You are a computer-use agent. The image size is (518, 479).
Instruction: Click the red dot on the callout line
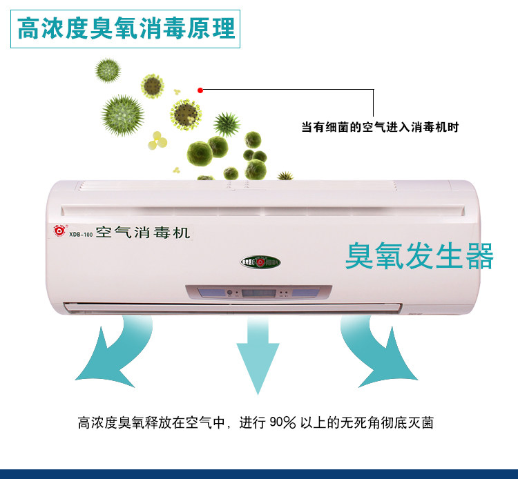tap(200, 90)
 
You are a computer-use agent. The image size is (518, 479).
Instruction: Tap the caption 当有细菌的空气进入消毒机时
tap(380, 127)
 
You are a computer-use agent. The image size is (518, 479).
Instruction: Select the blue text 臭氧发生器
tap(419, 256)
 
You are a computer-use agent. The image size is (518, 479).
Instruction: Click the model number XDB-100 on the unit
tap(80, 234)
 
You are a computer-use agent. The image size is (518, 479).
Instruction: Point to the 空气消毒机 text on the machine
tap(142, 232)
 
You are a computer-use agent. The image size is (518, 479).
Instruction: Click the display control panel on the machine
tap(258, 293)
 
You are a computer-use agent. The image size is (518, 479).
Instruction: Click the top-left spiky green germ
tap(108, 70)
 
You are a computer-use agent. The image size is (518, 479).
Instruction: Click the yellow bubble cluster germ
tap(157, 140)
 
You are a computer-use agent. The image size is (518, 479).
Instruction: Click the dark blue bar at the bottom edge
tap(259, 473)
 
